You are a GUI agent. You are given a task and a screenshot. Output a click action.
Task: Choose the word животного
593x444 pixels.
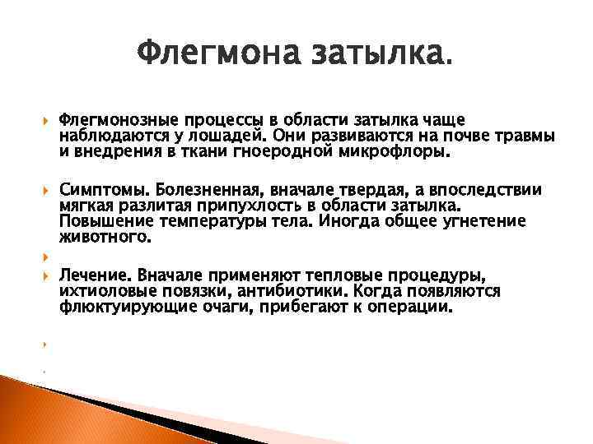coord(105,238)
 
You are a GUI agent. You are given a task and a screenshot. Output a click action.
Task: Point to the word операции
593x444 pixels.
coord(410,308)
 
